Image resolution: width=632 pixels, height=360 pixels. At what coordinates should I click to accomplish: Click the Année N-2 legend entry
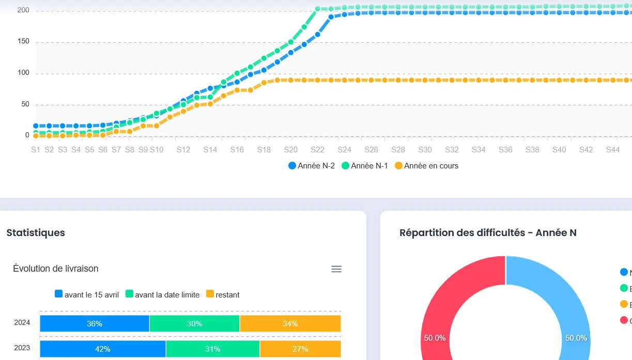coord(312,166)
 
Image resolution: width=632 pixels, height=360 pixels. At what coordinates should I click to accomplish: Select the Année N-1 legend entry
coord(365,166)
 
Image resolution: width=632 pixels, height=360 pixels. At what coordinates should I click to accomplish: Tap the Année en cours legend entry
coord(426,166)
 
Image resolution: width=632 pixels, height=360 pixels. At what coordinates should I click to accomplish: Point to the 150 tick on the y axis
coord(24,42)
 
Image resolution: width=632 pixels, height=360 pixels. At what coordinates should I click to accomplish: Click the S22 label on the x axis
coord(317,150)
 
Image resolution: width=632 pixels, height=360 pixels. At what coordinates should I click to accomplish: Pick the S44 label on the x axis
coord(613,150)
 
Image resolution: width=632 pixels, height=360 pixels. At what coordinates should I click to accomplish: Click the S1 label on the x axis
coord(36,150)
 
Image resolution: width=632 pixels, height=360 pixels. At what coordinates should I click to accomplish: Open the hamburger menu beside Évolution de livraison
coord(336,269)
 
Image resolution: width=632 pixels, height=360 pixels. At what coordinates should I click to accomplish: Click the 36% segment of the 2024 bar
coord(95,324)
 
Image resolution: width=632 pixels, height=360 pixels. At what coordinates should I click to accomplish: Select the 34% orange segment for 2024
coord(290,324)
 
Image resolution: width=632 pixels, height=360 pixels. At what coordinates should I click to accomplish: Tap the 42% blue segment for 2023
coord(103,349)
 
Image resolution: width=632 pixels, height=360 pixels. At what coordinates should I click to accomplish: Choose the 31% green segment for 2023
coord(213,349)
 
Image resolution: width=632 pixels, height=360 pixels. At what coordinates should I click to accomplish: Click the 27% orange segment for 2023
coord(300,349)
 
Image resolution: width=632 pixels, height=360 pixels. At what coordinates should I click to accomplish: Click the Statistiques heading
coord(36,232)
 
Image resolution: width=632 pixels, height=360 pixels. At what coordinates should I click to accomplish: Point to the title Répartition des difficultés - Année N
coord(488,232)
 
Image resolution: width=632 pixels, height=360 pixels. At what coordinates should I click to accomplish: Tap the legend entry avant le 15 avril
coord(87,294)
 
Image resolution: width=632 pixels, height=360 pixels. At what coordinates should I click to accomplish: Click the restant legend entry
coord(223,294)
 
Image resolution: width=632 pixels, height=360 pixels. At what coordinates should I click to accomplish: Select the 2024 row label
coord(22,323)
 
